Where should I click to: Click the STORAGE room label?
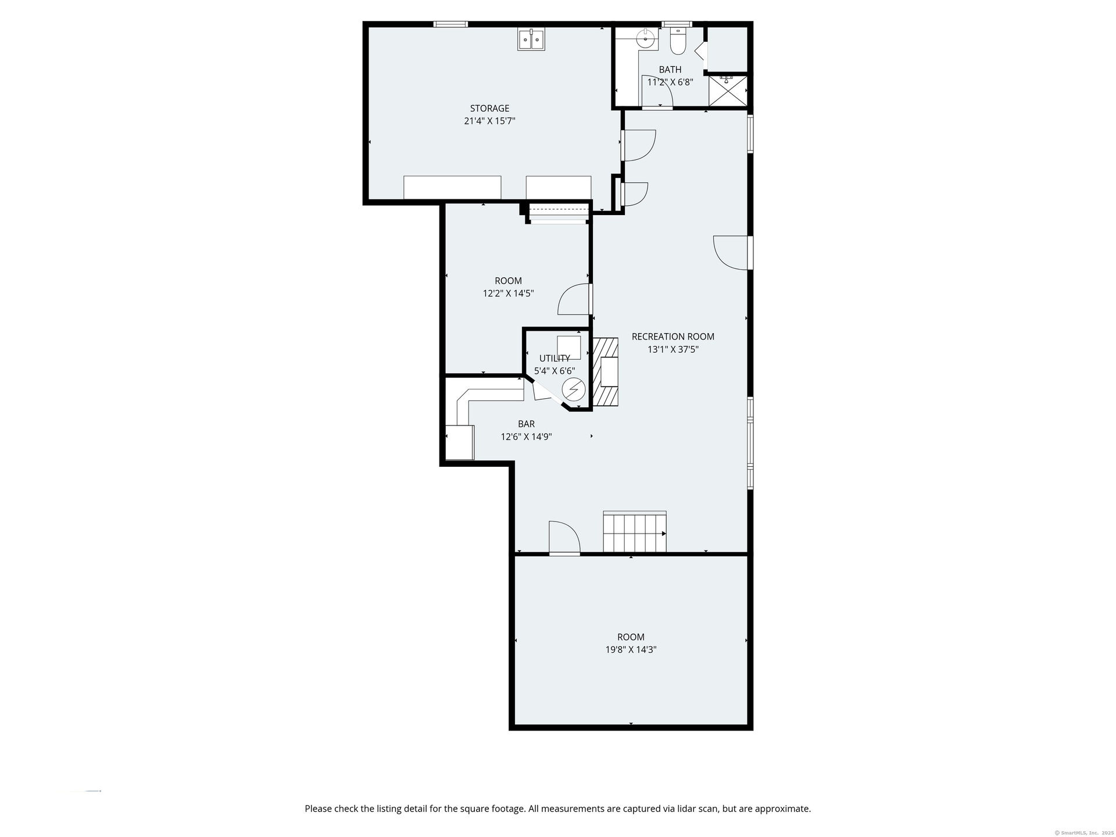(x=489, y=108)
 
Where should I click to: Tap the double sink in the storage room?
(x=531, y=40)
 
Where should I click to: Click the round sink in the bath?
(x=645, y=39)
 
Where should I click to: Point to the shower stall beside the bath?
(x=728, y=91)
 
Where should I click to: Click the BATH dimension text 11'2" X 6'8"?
(x=670, y=82)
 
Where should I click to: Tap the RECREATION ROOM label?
(x=673, y=337)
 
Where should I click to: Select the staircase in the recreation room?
(x=635, y=532)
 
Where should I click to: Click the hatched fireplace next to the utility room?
(x=606, y=371)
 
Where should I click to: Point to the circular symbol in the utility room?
(x=574, y=389)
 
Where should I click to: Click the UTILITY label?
(x=555, y=358)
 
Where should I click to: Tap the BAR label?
(x=527, y=424)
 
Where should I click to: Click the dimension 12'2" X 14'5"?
(x=509, y=294)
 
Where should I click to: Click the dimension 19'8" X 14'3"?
(x=631, y=650)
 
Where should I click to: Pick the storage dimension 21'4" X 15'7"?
(x=489, y=121)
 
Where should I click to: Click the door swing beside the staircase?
(x=564, y=538)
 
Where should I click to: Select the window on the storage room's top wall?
(x=450, y=24)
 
